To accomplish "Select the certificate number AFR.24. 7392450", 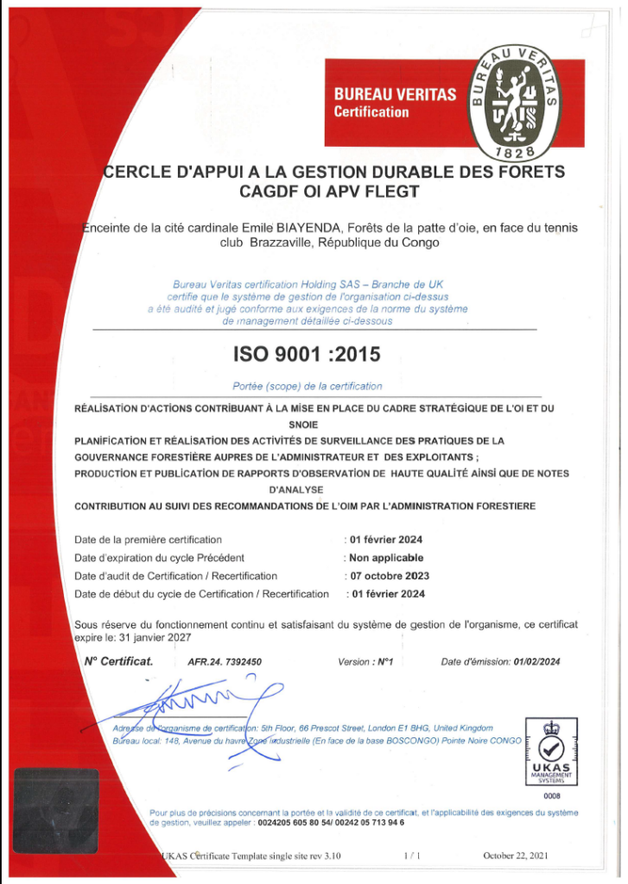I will [225, 662].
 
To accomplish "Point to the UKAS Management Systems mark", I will [551, 752].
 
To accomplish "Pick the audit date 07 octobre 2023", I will [388, 576].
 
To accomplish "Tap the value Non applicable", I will [386, 558].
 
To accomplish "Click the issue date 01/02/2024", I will [536, 662].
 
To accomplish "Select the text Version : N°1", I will [365, 662].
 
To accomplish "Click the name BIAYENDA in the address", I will [308, 228].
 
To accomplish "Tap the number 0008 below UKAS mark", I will [551, 796].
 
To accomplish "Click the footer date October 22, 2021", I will [516, 856].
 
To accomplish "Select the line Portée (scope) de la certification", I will [307, 387].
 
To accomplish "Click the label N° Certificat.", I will [117, 662].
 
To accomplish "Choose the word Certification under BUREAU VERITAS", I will [371, 112].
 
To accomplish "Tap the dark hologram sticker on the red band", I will [54, 799].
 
